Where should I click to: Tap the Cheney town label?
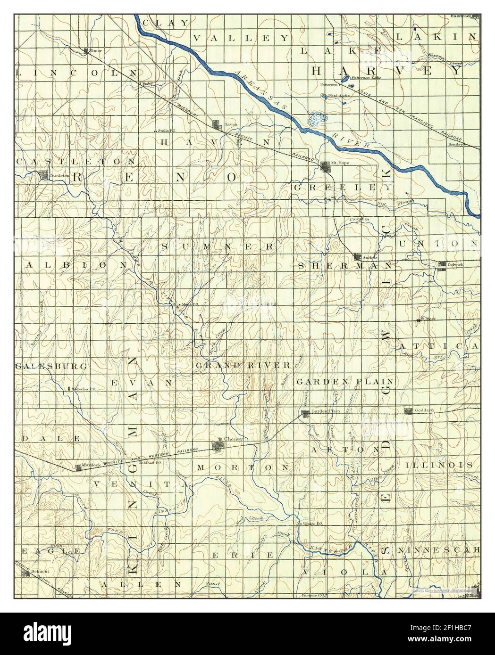click(235, 439)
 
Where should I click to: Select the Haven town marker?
click(218, 125)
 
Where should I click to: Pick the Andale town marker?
click(358, 257)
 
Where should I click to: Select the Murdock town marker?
click(78, 467)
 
